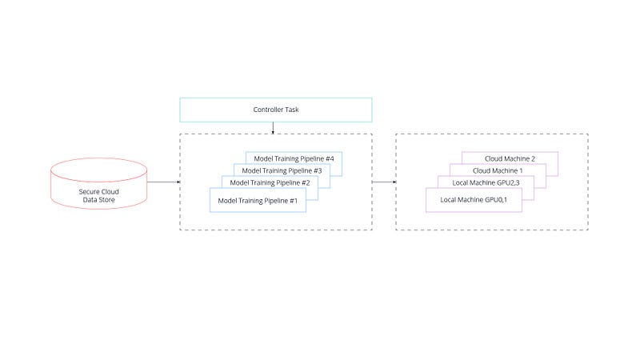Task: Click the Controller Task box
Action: [276, 110]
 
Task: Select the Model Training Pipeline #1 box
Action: [258, 200]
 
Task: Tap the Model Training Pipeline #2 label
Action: [270, 183]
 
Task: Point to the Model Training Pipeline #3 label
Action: [282, 170]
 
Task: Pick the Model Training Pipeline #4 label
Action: [294, 158]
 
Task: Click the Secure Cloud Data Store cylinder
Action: [98, 184]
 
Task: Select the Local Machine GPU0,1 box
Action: [474, 200]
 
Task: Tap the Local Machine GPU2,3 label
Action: [486, 183]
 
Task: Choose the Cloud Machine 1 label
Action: [498, 170]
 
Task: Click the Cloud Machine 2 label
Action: [510, 158]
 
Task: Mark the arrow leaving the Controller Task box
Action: [273, 128]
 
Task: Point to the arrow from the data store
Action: [164, 182]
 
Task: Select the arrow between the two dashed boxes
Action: [384, 182]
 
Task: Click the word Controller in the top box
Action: [268, 110]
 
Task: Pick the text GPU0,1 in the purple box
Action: [496, 200]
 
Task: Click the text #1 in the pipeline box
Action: [294, 201]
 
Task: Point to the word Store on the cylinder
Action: [107, 200]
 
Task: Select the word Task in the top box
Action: [292, 110]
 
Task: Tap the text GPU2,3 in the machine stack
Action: [508, 183]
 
